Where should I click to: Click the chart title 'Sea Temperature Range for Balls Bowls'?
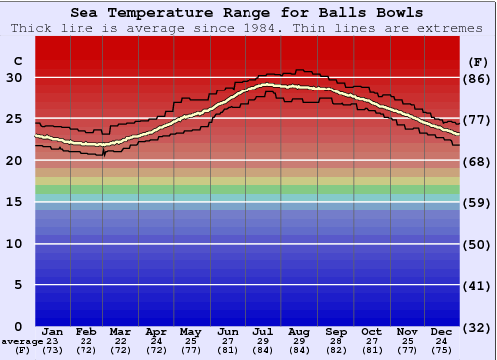click(247, 13)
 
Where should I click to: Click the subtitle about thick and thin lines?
click(247, 27)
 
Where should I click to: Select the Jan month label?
click(53, 331)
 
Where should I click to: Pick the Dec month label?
click(441, 331)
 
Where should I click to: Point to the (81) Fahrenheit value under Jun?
click(228, 351)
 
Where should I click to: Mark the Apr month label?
click(157, 331)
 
